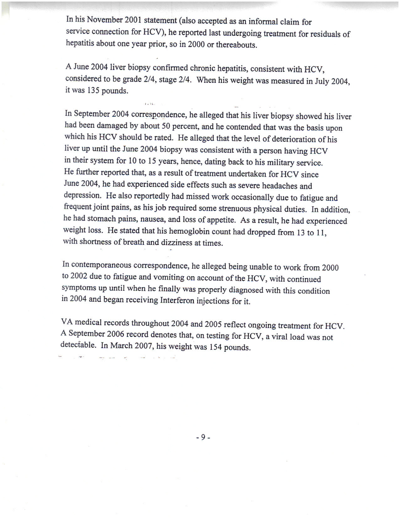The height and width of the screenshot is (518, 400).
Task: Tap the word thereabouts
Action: tap(238, 45)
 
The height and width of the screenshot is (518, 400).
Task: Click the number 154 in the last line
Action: tap(216, 347)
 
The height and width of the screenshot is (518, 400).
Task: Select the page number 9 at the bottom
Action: tap(203, 437)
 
